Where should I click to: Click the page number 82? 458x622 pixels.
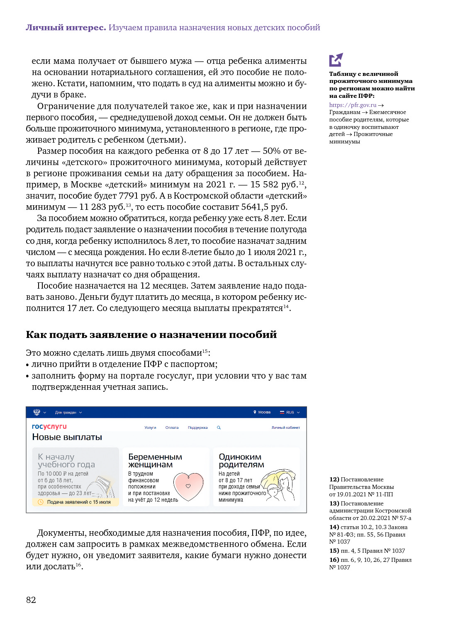click(x=31, y=600)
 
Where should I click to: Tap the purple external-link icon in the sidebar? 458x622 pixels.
click(x=336, y=60)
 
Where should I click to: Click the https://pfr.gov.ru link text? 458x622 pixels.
click(x=353, y=105)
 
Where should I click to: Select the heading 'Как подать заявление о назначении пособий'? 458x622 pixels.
click(x=151, y=335)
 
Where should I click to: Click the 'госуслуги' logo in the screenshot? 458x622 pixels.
click(x=49, y=426)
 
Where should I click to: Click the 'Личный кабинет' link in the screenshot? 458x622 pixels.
click(x=285, y=428)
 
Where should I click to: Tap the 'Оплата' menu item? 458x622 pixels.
click(x=172, y=428)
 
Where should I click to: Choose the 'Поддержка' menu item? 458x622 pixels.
click(x=197, y=428)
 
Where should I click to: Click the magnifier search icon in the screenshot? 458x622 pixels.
click(x=219, y=428)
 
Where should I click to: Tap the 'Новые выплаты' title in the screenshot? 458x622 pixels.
click(x=67, y=437)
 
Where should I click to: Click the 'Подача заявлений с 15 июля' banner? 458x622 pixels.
click(x=78, y=502)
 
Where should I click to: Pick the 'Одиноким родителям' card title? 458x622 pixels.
click(x=241, y=461)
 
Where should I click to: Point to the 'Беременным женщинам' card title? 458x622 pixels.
click(x=155, y=461)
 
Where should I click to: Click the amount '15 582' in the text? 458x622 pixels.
click(x=264, y=185)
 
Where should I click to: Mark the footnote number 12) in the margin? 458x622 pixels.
click(x=334, y=479)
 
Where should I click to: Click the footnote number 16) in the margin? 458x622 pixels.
click(x=334, y=560)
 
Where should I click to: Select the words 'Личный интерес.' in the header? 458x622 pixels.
click(x=66, y=28)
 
